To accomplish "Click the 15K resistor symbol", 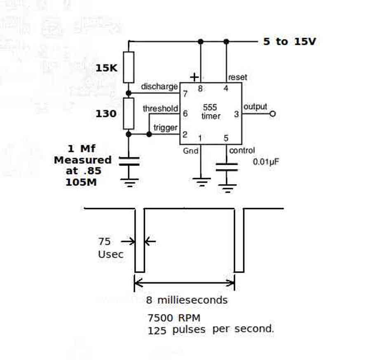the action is click(129, 67).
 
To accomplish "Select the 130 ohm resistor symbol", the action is click(129, 113).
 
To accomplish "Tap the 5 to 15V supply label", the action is click(290, 41).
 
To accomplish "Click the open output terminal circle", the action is click(272, 114).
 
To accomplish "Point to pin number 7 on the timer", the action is click(185, 94).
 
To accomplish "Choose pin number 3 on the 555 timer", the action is click(236, 114).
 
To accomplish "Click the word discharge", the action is click(159, 87).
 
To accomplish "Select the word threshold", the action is click(160, 108).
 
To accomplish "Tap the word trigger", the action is click(165, 128).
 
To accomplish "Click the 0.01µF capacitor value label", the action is click(266, 162).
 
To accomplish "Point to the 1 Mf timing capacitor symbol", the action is click(129, 161).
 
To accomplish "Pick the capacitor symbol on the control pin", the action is click(227, 167).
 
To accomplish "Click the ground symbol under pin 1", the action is click(201, 182).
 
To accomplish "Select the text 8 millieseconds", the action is click(187, 300).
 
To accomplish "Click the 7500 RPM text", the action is click(174, 318).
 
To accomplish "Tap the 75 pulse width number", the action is click(104, 241).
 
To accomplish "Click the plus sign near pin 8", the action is click(194, 77).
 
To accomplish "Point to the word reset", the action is click(237, 77).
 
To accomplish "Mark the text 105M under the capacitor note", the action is click(81, 182).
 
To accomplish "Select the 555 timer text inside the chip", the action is click(211, 112).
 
